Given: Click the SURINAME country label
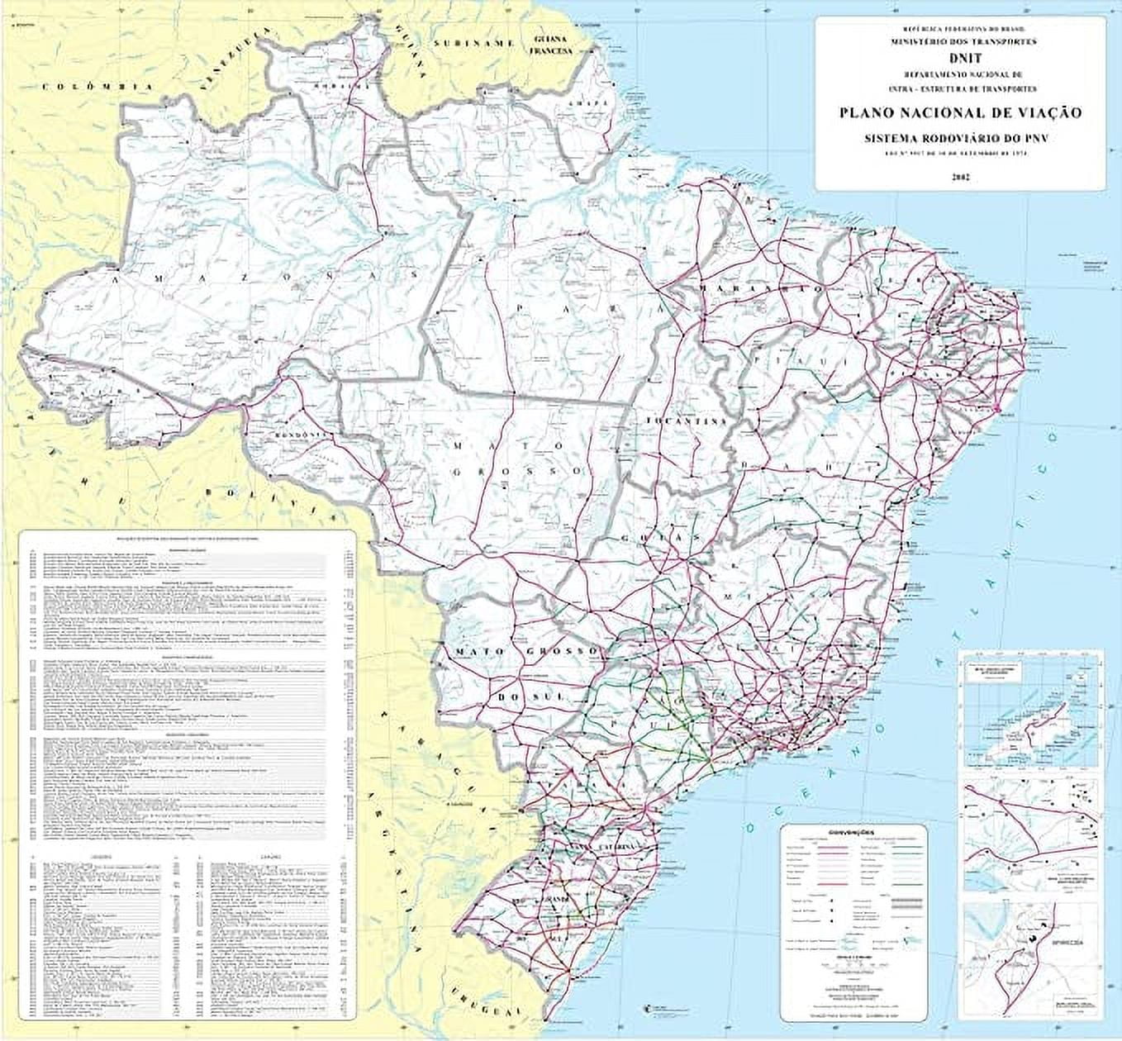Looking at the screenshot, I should [x=476, y=42].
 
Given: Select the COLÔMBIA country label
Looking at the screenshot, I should [x=97, y=87].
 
